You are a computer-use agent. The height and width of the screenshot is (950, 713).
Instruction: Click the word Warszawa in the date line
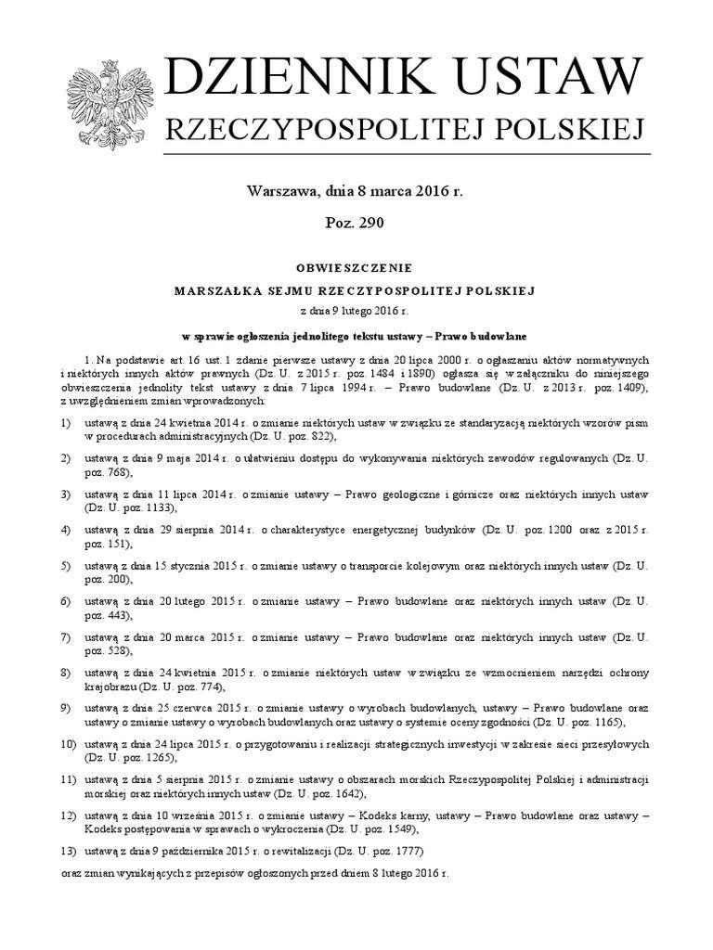pos(281,192)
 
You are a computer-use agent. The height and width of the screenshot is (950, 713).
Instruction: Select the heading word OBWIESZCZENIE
pos(354,268)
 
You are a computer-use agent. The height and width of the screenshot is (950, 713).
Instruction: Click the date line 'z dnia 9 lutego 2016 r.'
pos(354,313)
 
